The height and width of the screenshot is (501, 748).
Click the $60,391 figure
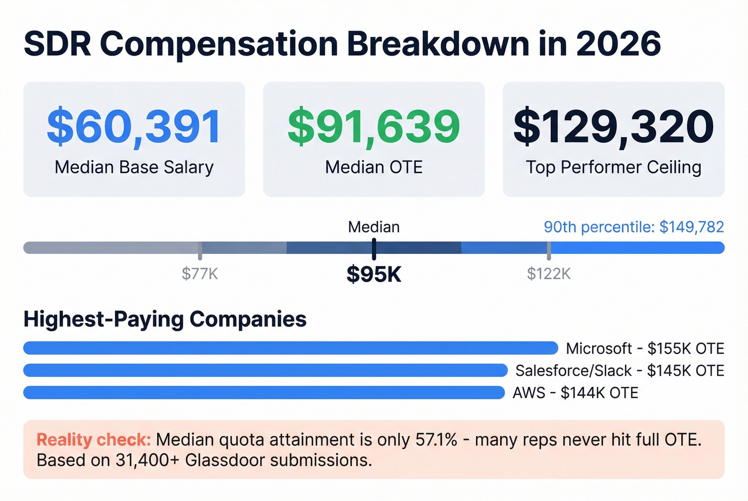134,127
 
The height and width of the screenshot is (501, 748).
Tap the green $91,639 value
373,127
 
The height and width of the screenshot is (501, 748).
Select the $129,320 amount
613,127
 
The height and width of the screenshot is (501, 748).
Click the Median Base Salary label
134,168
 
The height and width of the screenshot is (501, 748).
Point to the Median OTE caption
373,168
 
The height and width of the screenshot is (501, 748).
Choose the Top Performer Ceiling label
613,168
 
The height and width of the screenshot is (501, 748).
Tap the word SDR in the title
58,44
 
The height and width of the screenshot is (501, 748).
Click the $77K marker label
200,274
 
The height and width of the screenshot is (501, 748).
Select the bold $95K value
373,274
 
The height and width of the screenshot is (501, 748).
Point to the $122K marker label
549,274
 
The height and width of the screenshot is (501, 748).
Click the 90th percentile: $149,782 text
634,227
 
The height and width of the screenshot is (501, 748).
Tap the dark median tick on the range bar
374,249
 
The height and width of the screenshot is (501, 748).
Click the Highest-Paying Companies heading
165,319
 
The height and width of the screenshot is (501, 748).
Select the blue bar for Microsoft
290,348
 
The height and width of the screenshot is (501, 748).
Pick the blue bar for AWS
264,393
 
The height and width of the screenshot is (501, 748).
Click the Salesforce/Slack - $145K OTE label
619,371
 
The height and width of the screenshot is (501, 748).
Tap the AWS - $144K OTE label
575,393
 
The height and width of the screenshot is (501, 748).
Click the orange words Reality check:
93,440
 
